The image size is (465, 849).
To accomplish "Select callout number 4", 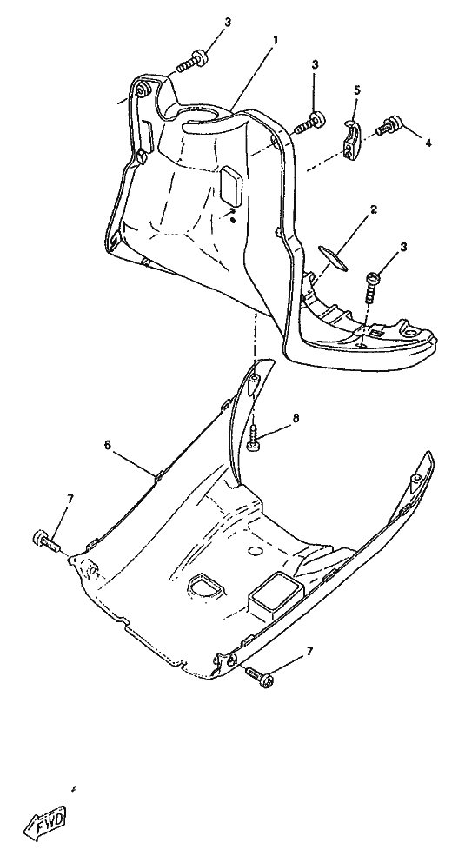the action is click(428, 143).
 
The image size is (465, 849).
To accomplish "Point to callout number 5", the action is click(356, 90).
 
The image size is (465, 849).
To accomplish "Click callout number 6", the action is click(107, 445).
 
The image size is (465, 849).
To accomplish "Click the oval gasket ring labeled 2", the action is click(331, 258).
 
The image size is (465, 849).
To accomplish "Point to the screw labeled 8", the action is click(253, 436).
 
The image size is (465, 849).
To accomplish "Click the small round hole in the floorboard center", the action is click(255, 551).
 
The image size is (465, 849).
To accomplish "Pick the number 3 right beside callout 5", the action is click(315, 64).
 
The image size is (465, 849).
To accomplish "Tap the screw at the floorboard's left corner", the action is click(48, 540).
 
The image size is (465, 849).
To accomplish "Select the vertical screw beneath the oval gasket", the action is click(372, 287).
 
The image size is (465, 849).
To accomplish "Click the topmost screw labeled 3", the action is click(190, 62).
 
